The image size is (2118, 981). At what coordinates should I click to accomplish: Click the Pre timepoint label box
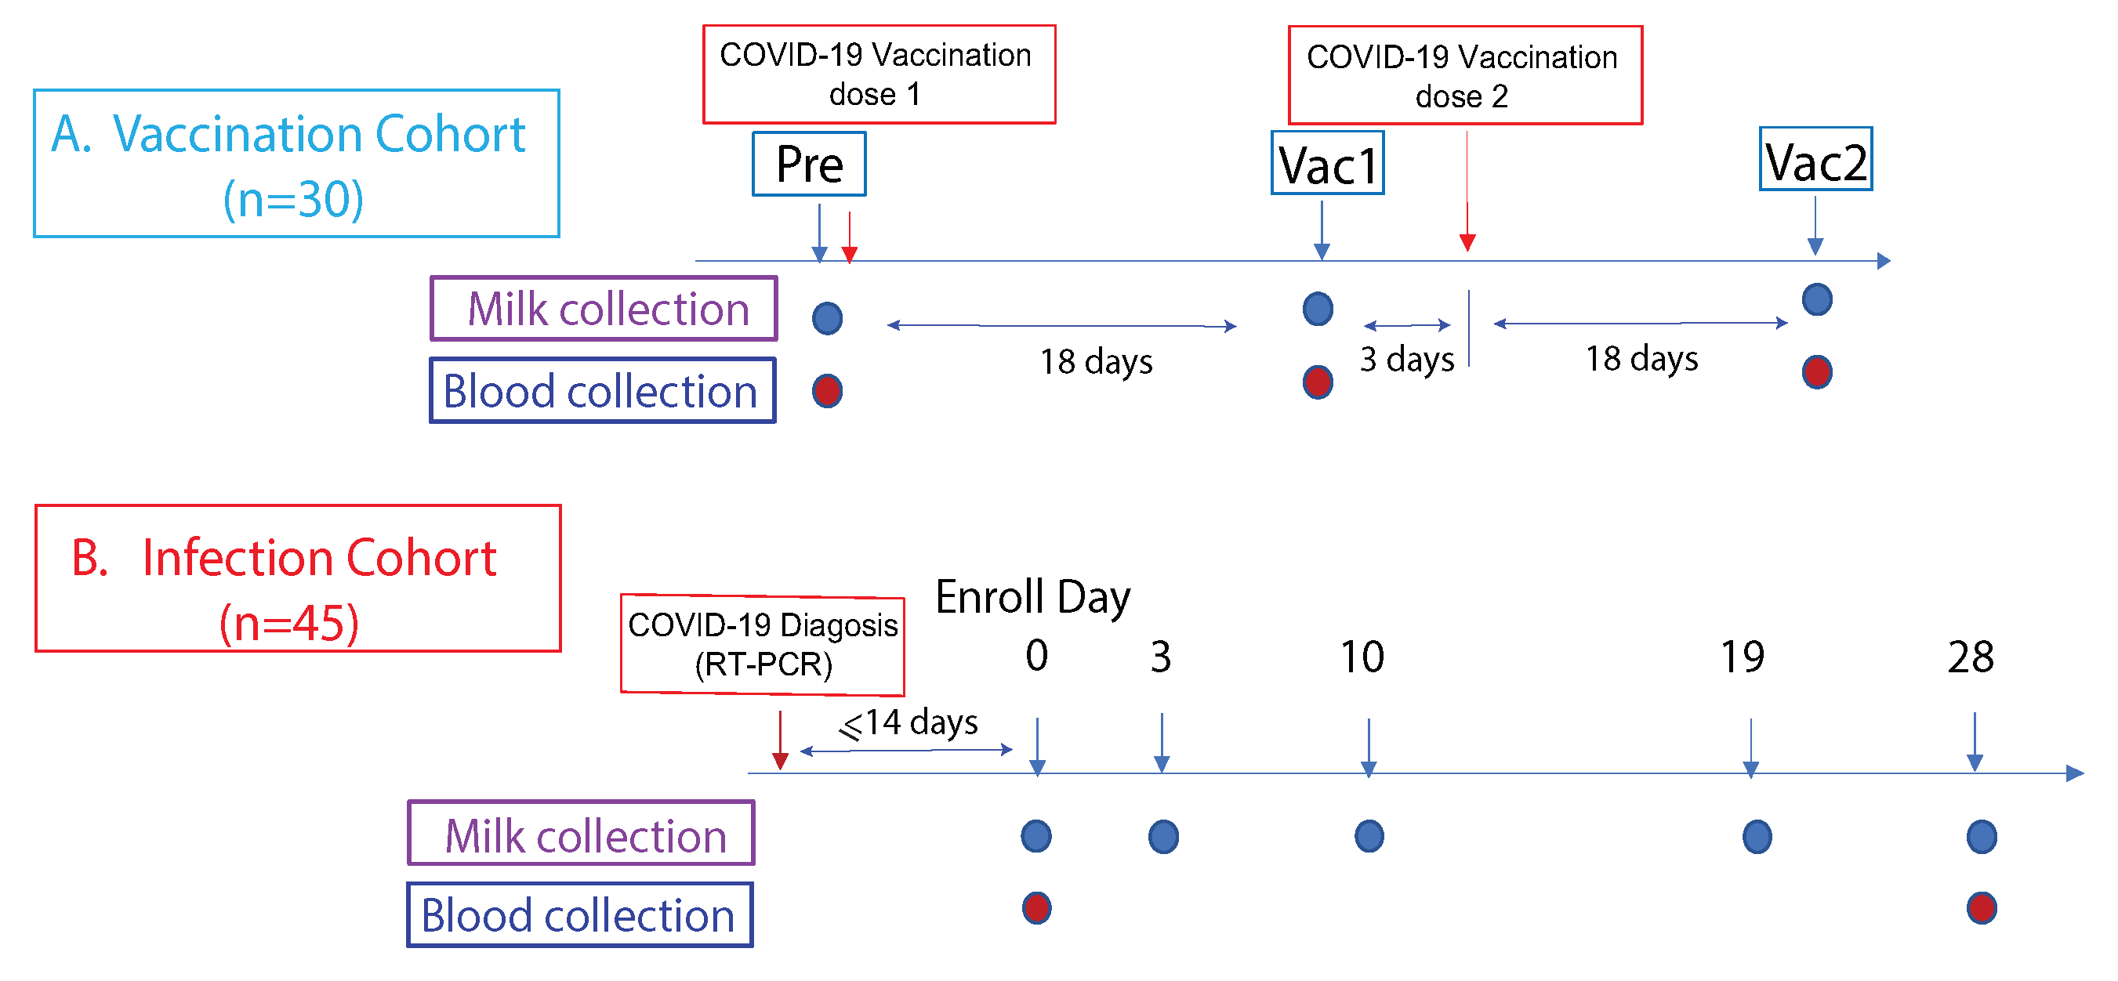pyautogui.click(x=809, y=165)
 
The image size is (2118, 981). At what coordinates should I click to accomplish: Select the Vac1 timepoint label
pyautogui.click(x=1327, y=164)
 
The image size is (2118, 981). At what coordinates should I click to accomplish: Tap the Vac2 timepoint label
pyautogui.click(x=1815, y=159)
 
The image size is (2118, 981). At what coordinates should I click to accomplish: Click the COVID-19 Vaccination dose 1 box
pyautogui.click(x=878, y=74)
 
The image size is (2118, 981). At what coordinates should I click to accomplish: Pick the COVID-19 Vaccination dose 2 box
pyautogui.click(x=1464, y=75)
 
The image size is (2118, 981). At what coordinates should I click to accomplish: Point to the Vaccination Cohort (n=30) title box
pyautogui.click(x=296, y=164)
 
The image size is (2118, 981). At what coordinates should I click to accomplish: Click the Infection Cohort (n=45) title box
pyautogui.click(x=298, y=578)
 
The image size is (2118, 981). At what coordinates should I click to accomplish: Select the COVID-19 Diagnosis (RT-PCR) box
pyautogui.click(x=762, y=645)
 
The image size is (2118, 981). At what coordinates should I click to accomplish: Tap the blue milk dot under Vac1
pyautogui.click(x=1318, y=309)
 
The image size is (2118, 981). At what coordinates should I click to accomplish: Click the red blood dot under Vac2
pyautogui.click(x=1816, y=372)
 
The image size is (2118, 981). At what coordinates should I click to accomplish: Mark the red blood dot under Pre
pyautogui.click(x=827, y=391)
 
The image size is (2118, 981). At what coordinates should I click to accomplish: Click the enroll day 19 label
pyautogui.click(x=1743, y=657)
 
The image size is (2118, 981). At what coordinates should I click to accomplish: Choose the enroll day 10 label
pyautogui.click(x=1362, y=657)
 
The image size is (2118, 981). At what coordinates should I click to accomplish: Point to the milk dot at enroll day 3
pyautogui.click(x=1162, y=836)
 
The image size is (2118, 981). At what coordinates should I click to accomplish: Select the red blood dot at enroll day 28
pyautogui.click(x=1982, y=908)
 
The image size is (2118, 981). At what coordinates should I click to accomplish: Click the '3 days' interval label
pyautogui.click(x=1407, y=359)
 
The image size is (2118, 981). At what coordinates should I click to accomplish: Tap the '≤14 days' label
pyautogui.click(x=908, y=723)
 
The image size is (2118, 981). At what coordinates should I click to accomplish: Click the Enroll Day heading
pyautogui.click(x=1032, y=596)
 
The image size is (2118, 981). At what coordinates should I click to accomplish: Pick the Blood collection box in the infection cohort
pyautogui.click(x=579, y=914)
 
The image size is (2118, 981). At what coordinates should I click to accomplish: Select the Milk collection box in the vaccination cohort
pyautogui.click(x=604, y=309)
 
